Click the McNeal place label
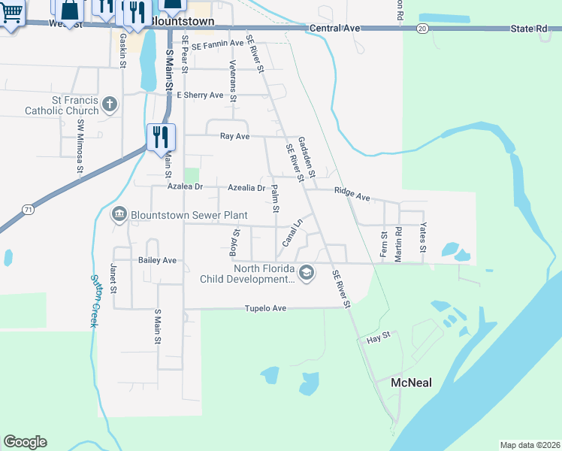(412, 383)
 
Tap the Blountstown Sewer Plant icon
(119, 216)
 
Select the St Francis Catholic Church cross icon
(110, 104)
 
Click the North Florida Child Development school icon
(306, 273)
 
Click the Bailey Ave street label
(157, 260)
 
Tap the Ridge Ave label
(352, 194)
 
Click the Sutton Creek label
(95, 299)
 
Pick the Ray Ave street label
(234, 137)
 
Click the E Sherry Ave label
(200, 95)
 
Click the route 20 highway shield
(423, 28)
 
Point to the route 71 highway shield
(28, 208)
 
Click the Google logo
(25, 442)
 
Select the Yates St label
(423, 238)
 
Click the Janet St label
(114, 279)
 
